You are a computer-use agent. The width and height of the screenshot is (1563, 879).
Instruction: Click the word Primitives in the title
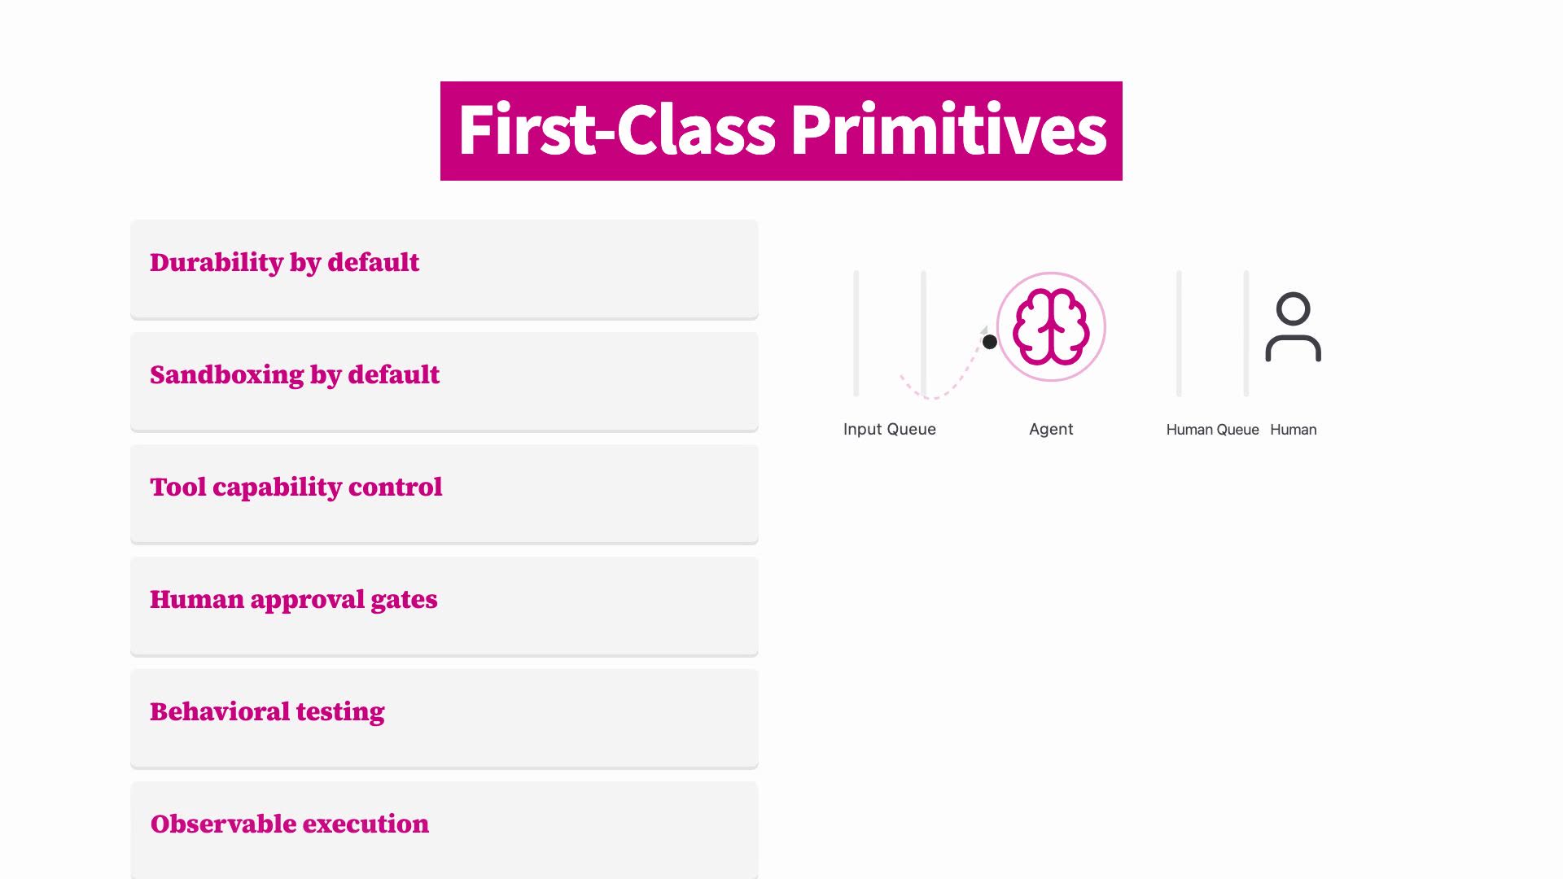[948, 129]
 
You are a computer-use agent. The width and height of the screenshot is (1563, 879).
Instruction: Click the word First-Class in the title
[617, 129]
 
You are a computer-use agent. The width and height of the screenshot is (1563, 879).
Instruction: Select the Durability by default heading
[284, 263]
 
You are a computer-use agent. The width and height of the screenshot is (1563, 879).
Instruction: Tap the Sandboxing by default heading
[295, 375]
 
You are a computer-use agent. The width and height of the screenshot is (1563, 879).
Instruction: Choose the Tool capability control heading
[296, 488]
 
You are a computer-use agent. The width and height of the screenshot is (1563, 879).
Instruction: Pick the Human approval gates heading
[294, 600]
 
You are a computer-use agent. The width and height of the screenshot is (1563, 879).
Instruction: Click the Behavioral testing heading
[267, 712]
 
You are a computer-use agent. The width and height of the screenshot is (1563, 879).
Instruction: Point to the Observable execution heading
[290, 824]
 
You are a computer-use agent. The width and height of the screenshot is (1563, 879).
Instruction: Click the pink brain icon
[1051, 327]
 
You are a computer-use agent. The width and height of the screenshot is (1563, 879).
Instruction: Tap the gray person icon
[1293, 326]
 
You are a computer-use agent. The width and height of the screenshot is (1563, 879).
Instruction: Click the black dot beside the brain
[990, 342]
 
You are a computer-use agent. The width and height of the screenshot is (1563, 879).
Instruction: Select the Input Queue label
[890, 429]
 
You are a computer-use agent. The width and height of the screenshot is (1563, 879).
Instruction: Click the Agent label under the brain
[1051, 429]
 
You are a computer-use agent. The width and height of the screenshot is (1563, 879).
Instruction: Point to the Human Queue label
[1212, 430]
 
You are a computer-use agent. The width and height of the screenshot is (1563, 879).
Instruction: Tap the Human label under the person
[1293, 430]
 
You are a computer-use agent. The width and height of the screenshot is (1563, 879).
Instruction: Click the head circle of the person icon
[1293, 308]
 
